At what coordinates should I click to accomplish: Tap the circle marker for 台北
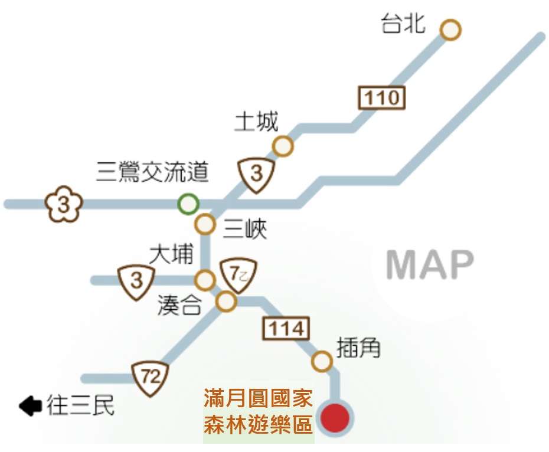coord(450,30)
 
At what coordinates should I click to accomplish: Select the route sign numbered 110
coord(382,97)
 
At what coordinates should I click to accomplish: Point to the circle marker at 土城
coord(283,146)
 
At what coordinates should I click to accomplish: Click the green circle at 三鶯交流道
coord(188,204)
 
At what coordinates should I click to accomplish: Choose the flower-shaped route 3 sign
coord(64,205)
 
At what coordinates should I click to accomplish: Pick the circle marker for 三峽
coord(205,224)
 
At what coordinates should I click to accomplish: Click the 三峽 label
coord(245,228)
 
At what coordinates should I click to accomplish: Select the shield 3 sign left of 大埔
coord(136,280)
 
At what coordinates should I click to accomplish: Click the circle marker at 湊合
coord(226,302)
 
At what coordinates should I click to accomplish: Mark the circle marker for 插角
coord(322,361)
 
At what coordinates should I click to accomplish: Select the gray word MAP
coord(430,266)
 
